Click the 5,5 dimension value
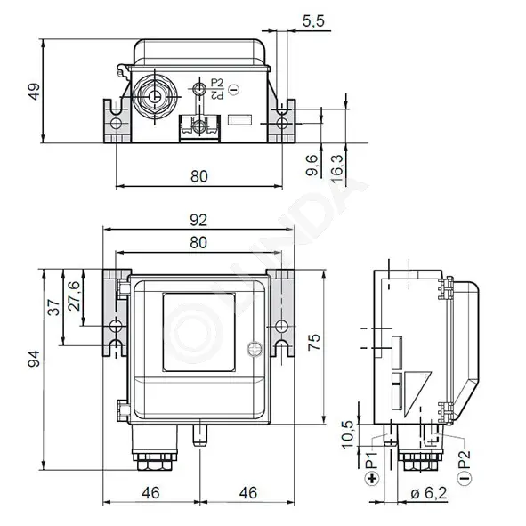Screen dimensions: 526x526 pos(313,21)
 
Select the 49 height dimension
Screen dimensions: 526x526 pos(34,92)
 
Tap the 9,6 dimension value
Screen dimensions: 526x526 pos(312,165)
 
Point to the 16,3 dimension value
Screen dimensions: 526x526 pos(337,168)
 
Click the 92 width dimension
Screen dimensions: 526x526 pos(198,220)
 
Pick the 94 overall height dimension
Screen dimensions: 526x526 pos(34,359)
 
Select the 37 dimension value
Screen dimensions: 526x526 pos(53,307)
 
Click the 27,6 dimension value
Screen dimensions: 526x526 pos(75,295)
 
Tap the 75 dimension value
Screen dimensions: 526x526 pos(314,342)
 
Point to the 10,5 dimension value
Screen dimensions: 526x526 pos(348,434)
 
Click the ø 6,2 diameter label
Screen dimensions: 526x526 pos(429,493)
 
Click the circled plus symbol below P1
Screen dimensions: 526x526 pos(372,478)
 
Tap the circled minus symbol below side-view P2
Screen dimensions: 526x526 pos(465,478)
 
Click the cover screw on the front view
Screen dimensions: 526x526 pos(254,349)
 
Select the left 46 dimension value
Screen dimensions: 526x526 pos(151,493)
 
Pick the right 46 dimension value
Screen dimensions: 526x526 pos(248,493)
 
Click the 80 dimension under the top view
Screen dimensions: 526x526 pos(199,176)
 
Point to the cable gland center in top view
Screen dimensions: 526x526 pos(155,97)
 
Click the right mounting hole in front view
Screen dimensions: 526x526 pos(282,326)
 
